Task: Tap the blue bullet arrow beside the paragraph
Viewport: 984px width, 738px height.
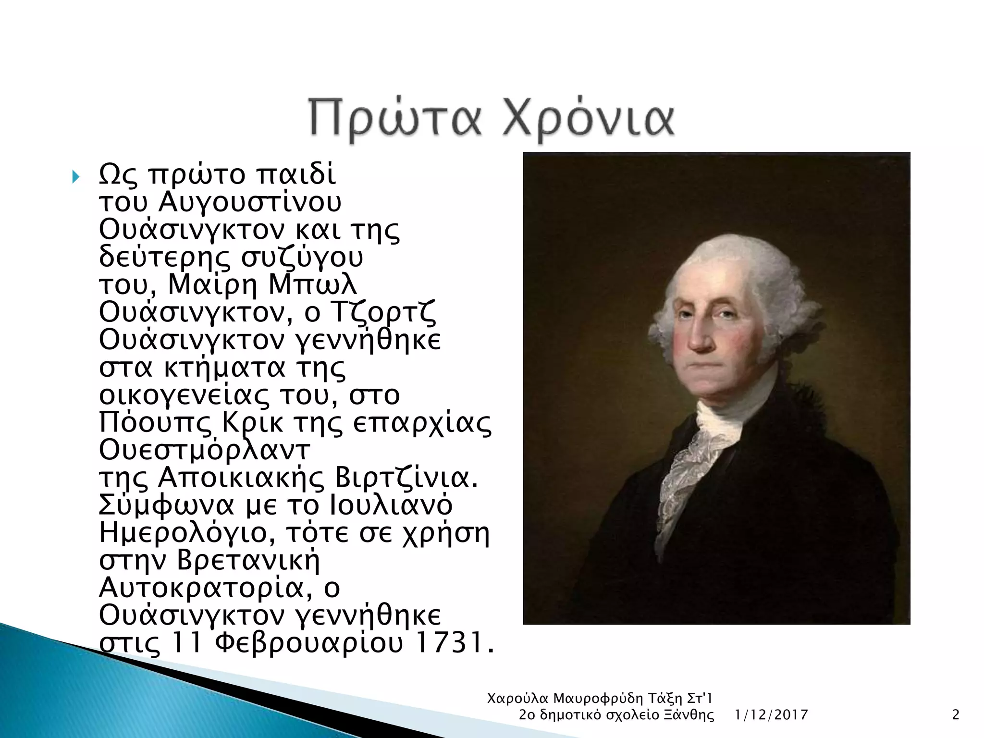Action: tap(75, 177)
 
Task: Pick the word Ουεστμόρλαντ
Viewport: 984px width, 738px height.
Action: tap(205, 450)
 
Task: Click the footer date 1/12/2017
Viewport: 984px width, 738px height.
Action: tap(771, 715)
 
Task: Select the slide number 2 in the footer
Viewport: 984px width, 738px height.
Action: tap(955, 715)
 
